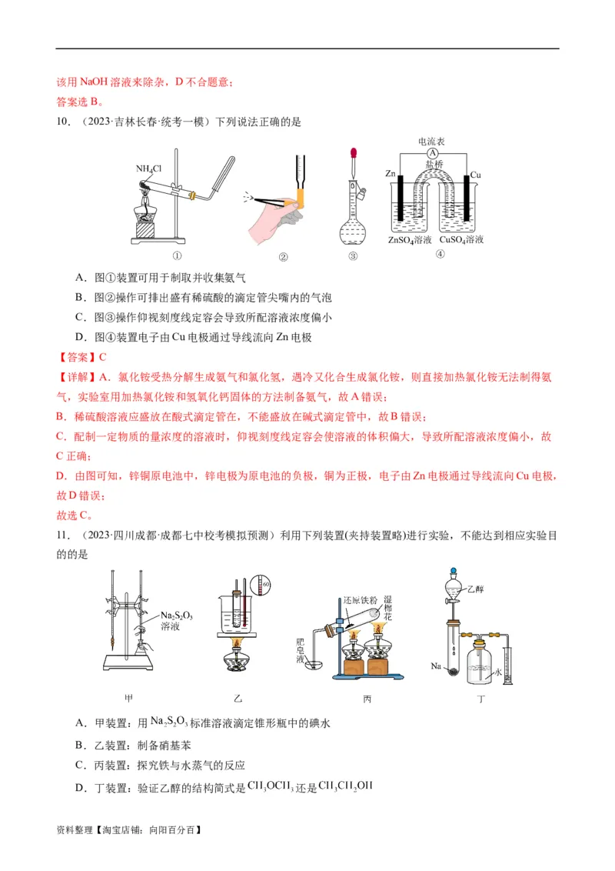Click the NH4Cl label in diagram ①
148,169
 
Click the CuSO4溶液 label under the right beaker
461,240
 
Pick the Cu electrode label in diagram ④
475,175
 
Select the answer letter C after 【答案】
101,357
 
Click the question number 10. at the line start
64,122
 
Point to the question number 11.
64,536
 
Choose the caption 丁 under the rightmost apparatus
481,699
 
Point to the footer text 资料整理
75,830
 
